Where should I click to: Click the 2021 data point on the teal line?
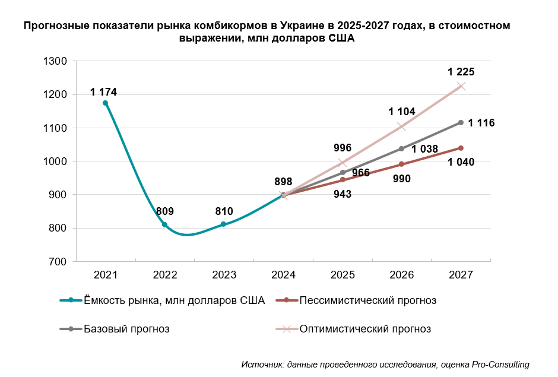click(106, 103)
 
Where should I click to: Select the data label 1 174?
click(103, 92)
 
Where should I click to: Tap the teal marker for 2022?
click(165, 224)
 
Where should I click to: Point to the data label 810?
click(224, 211)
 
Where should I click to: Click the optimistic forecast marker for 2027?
click(461, 86)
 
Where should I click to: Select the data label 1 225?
click(461, 72)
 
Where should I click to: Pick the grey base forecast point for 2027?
click(461, 122)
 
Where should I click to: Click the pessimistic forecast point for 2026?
click(402, 164)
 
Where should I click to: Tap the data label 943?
click(343, 194)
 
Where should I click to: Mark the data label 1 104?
click(402, 112)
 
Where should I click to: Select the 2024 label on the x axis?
click(283, 275)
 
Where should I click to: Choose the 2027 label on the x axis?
click(461, 275)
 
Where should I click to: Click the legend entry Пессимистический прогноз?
click(368, 300)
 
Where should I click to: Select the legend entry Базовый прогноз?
click(126, 329)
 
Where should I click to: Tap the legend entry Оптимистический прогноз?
click(365, 329)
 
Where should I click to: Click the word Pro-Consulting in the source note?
click(500, 364)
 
